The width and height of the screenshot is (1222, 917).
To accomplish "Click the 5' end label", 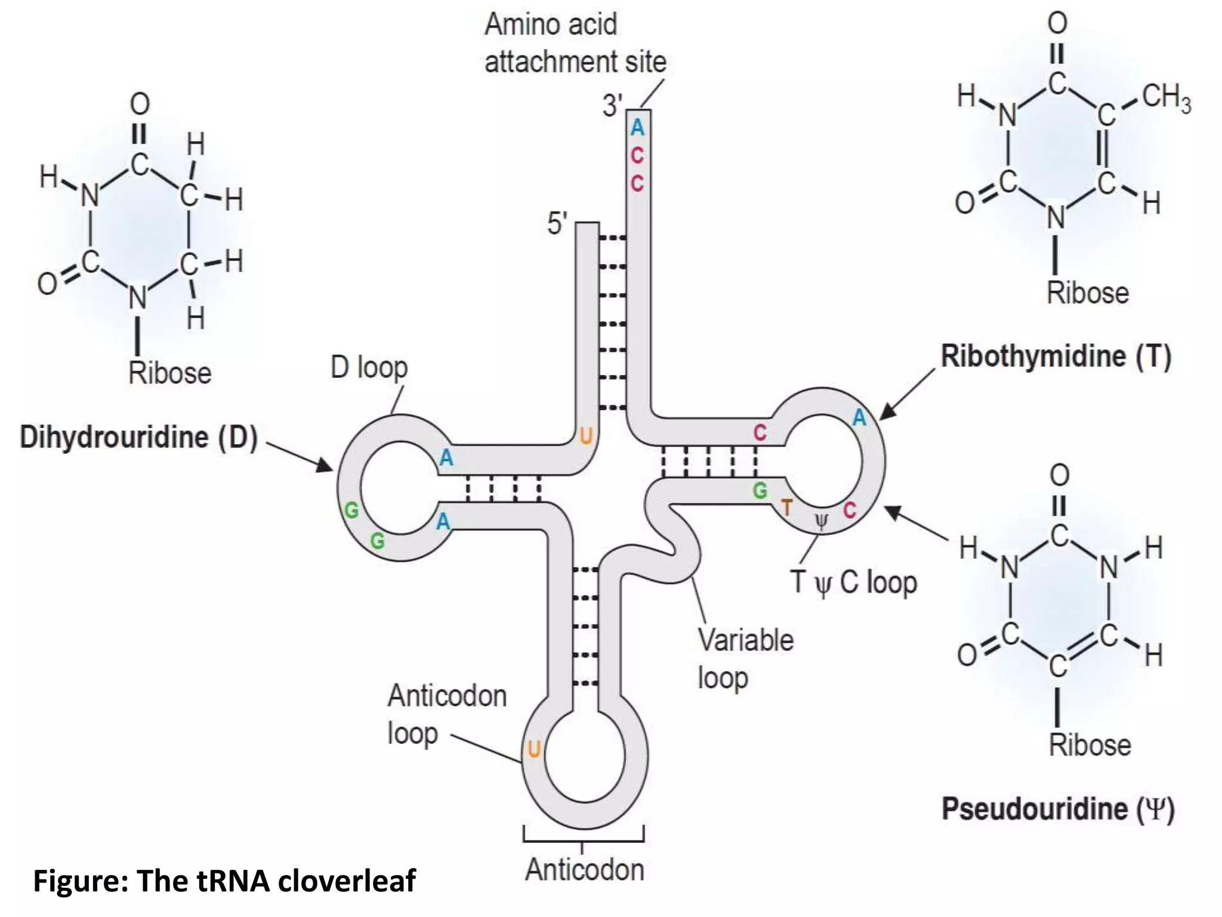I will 557,224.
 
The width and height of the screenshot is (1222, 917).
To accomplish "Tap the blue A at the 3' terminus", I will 637,128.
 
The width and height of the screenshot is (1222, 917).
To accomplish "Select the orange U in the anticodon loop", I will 534,749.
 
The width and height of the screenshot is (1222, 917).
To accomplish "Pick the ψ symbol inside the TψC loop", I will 822,523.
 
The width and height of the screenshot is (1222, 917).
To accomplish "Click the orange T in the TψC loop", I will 787,508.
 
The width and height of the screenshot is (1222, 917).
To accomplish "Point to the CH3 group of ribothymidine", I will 1167,99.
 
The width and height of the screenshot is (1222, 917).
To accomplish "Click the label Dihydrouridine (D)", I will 138,438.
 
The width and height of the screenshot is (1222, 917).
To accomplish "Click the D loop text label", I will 369,368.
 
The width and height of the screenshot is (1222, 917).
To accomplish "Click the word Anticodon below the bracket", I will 585,870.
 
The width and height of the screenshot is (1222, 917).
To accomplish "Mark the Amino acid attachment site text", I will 575,43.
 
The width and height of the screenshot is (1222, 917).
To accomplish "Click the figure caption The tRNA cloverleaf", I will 224,881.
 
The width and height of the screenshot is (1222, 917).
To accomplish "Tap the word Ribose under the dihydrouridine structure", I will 170,374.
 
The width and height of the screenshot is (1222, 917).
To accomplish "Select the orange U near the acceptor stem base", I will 586,436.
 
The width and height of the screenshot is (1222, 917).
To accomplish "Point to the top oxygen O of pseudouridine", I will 1059,476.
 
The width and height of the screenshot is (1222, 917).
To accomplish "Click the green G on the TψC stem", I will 760,491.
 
